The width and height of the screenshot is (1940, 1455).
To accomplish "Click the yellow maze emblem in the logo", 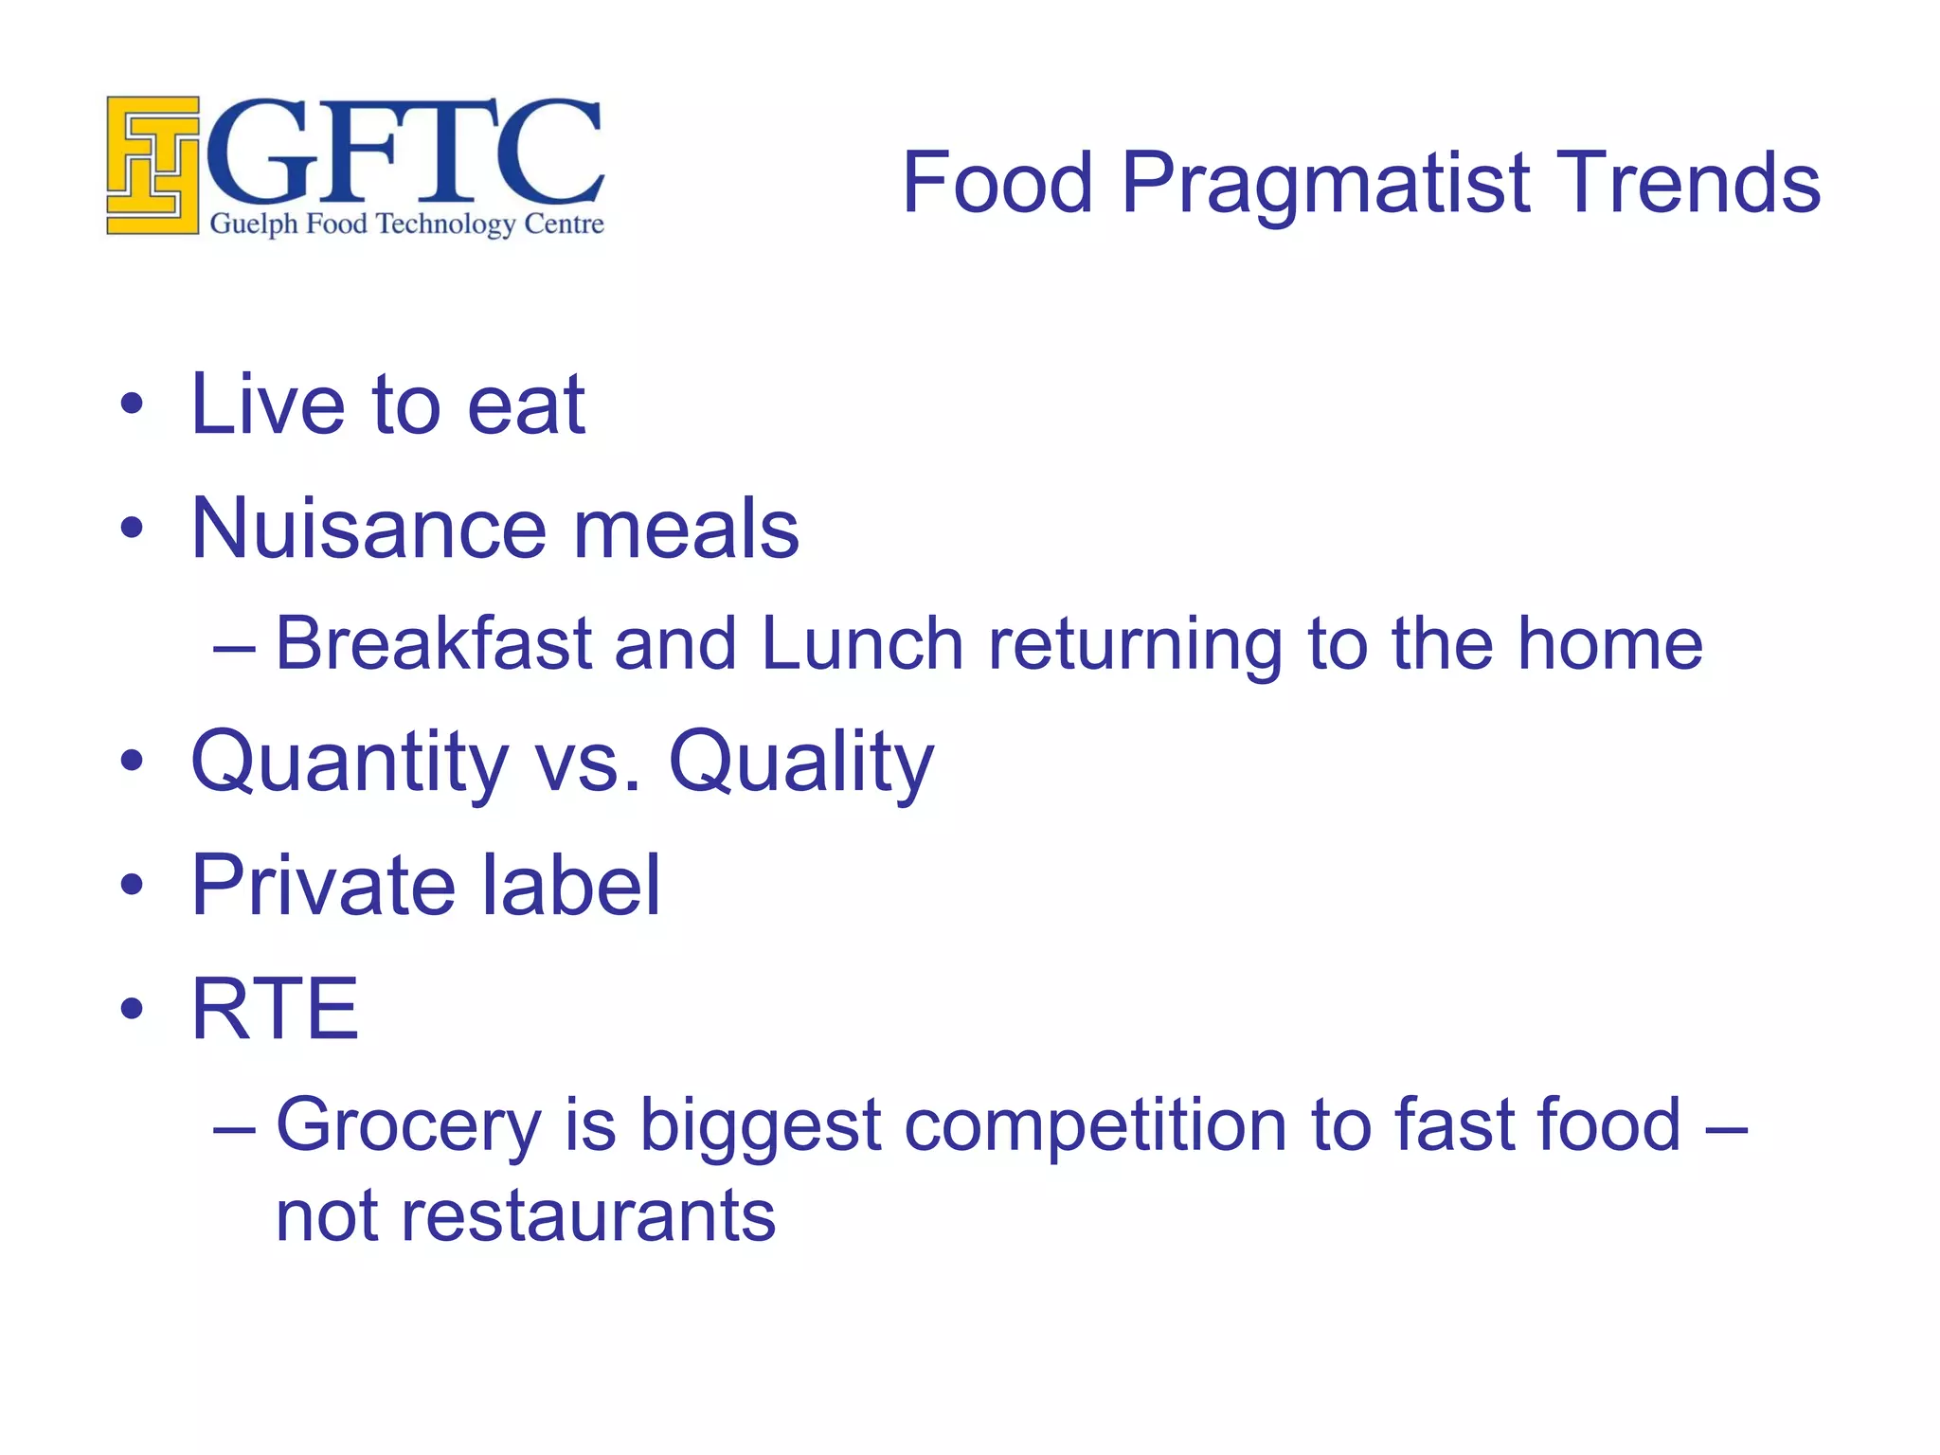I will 153,165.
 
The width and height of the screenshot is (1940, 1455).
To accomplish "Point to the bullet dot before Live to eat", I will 132,405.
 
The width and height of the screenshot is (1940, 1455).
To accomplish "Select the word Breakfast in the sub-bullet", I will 433,644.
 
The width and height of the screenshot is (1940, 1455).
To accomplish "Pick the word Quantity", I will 350,763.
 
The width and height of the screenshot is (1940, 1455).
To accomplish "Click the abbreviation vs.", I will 588,763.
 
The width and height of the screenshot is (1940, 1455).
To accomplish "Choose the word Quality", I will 800,763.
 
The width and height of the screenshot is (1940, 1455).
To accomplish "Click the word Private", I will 322,885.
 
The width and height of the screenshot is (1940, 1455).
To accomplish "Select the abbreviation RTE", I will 275,1009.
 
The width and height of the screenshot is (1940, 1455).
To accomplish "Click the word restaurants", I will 588,1216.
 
